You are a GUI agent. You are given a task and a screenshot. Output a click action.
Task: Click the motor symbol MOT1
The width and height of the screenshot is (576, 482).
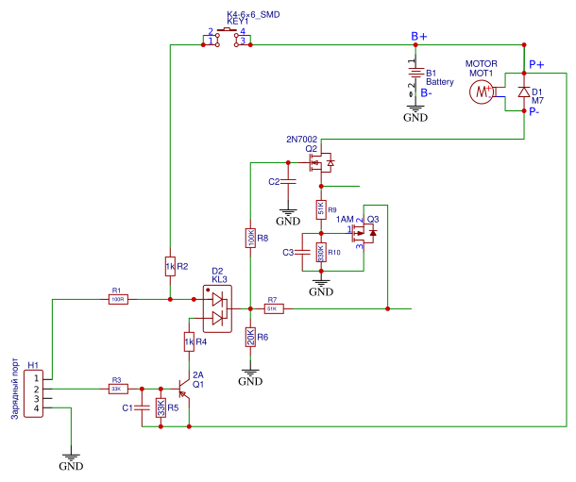tap(483, 91)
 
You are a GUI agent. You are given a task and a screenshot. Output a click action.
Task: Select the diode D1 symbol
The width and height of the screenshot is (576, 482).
tap(523, 91)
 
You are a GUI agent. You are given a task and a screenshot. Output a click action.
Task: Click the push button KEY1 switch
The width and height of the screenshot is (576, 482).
tap(228, 37)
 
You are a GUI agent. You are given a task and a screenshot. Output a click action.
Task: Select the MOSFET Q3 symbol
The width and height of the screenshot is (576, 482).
tap(363, 232)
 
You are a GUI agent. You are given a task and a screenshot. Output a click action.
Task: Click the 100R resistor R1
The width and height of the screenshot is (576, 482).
tap(117, 299)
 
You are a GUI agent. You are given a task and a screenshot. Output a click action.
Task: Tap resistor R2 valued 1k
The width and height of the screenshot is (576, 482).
tap(170, 267)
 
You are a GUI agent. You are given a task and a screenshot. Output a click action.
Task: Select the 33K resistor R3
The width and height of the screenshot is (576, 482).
tap(117, 388)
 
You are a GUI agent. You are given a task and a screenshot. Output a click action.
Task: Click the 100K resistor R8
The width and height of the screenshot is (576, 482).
tap(250, 240)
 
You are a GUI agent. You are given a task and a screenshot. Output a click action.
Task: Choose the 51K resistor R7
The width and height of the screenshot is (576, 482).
tap(272, 308)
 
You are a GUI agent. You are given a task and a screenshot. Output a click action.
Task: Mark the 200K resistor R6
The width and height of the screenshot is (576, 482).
tap(250, 337)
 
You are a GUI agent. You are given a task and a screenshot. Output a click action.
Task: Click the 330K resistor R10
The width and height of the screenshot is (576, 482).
tap(321, 253)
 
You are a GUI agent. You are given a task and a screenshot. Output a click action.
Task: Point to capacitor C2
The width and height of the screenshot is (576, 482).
tap(289, 181)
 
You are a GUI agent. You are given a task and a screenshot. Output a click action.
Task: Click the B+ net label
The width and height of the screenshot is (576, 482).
tap(418, 36)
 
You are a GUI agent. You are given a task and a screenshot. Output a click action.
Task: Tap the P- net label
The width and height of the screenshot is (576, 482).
tap(534, 111)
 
